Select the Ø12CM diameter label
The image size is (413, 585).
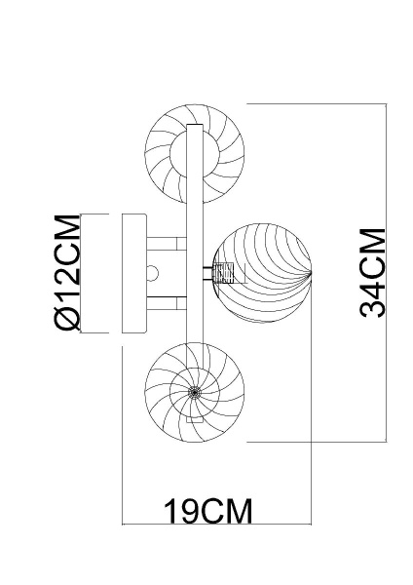coord(66,273)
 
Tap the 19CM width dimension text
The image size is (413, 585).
coord(206,509)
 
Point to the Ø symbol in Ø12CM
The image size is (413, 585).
coord(66,318)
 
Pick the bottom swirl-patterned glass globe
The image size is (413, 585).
coord(191,393)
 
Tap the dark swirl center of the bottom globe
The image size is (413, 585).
coord(192,393)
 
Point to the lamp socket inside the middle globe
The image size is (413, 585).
coord(225,272)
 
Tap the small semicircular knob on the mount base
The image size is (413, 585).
coord(152,273)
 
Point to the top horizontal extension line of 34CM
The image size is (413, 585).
coord(321,102)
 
